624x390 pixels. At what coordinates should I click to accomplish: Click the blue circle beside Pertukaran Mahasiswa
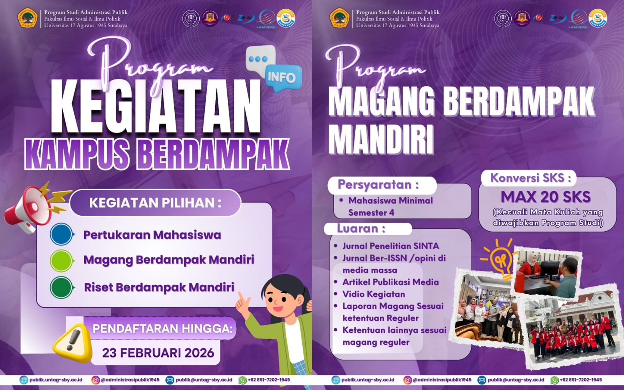[x=61, y=234]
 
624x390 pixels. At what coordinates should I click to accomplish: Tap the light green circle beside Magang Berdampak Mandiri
[x=61, y=261]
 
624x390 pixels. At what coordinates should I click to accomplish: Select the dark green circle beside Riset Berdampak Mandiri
[x=61, y=287]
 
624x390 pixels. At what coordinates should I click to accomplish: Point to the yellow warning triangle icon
[x=72, y=341]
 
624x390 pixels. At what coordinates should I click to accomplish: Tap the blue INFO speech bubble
[x=282, y=78]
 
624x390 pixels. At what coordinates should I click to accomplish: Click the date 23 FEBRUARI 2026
[x=158, y=353]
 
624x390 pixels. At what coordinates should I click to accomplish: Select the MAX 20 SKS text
[x=546, y=197]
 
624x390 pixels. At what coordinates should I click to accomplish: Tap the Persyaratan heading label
[x=378, y=184]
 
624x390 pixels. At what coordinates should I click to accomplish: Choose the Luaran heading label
[x=361, y=228]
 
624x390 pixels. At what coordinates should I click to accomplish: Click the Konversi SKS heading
[x=530, y=178]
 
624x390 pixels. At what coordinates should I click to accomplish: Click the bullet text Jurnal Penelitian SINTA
[x=390, y=246]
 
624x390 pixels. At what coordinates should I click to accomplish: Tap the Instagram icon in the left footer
[x=96, y=380]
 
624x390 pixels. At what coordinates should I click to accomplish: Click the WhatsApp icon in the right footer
[x=554, y=380]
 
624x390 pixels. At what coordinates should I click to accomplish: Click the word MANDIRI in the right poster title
[x=381, y=139]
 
